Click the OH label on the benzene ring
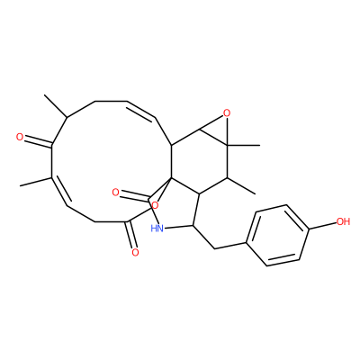tap(343, 221)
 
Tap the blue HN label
tap(157, 229)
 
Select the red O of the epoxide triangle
tap(227, 113)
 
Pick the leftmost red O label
tap(20, 138)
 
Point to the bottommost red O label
tap(135, 252)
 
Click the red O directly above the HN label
tap(155, 205)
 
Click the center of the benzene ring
tap(278, 236)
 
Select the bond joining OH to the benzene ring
tap(322, 226)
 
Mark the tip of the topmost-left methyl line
tap(44, 95)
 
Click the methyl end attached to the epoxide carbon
tap(260, 146)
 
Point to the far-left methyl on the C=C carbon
tap(20, 185)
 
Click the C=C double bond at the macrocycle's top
tap(141, 109)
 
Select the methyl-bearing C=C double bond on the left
tap(58, 191)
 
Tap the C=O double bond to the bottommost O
tap(131, 235)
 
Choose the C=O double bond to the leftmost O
tap(37, 142)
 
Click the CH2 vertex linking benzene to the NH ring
tap(215, 248)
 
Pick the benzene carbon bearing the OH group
tap(309, 229)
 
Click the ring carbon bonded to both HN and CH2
tap(193, 225)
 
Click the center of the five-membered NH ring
tap(175, 205)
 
